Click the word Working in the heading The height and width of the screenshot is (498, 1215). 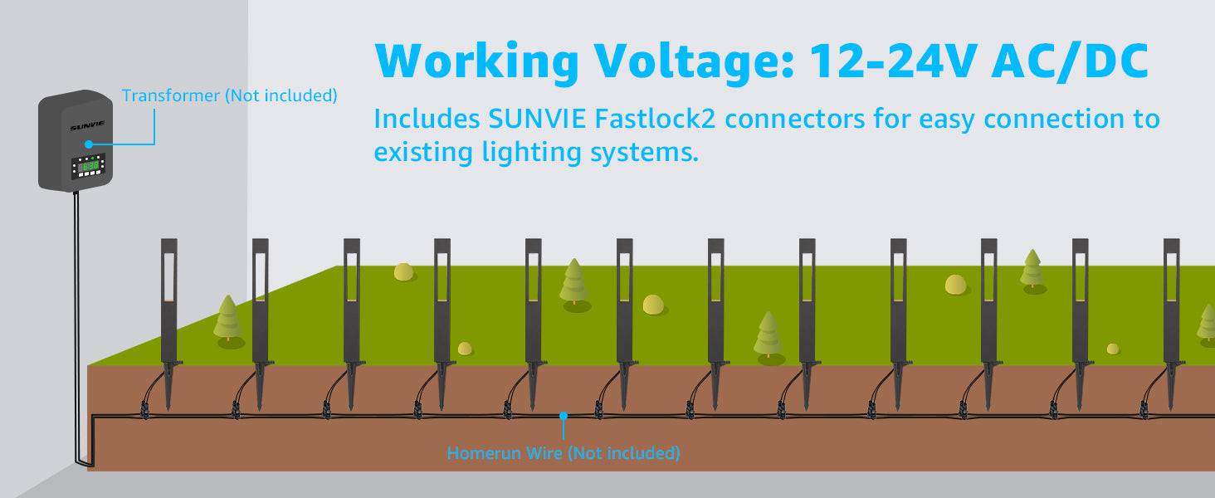coord(476,60)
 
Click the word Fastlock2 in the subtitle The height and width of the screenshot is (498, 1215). coord(656,120)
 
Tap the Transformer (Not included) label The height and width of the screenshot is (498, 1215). coord(229,95)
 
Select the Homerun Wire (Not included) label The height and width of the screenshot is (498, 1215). coord(564,453)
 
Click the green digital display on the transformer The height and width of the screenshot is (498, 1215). coord(89,166)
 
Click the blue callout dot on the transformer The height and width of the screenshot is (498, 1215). coord(87,144)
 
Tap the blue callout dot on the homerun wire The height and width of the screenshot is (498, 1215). coord(564,413)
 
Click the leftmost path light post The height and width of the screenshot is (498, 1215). coord(169,299)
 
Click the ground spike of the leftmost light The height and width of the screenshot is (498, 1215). coord(170,386)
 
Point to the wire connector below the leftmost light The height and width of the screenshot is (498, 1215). coord(144,408)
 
